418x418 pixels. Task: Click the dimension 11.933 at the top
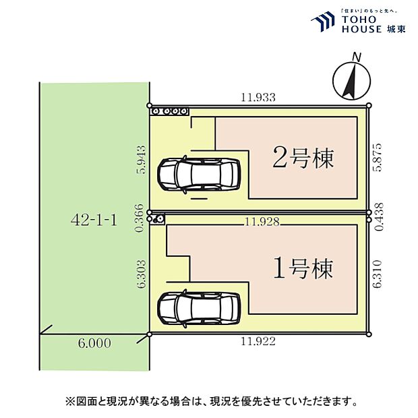[258, 97]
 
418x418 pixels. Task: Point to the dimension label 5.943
[140, 159]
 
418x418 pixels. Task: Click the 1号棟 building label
[303, 269]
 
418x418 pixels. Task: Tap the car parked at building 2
[198, 175]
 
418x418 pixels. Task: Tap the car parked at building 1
[198, 308]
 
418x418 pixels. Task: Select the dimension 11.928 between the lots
[262, 221]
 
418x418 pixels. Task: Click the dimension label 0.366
[140, 218]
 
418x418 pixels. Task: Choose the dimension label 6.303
[140, 275]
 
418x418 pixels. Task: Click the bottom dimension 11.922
[258, 342]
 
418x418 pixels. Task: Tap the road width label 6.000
[94, 343]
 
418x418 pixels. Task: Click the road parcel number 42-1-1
[94, 220]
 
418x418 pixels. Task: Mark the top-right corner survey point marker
[369, 106]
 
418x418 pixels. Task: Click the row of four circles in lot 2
[169, 111]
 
